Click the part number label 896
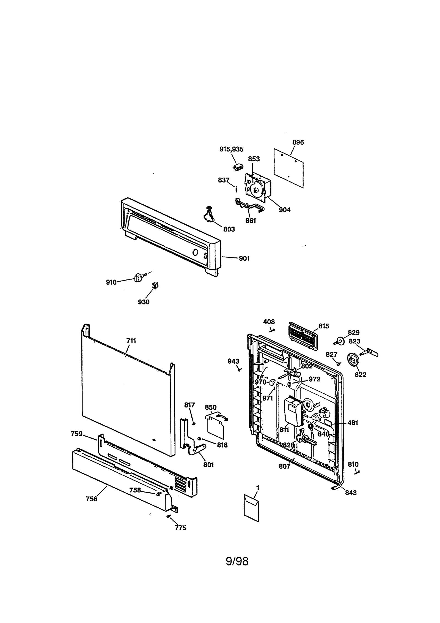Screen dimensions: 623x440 pyautogui.click(x=298, y=142)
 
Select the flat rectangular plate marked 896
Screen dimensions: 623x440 pyautogui.click(x=288, y=168)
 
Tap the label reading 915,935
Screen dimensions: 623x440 pyautogui.click(x=231, y=149)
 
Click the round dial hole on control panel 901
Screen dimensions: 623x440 pyautogui.click(x=195, y=252)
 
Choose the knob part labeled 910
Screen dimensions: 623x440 pyautogui.click(x=138, y=278)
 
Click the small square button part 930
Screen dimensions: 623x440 pyautogui.click(x=156, y=285)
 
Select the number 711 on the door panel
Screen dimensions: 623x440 pyautogui.click(x=131, y=341)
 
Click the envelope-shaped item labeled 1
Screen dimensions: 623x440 pyautogui.click(x=251, y=508)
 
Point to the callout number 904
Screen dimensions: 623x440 pyautogui.click(x=284, y=210)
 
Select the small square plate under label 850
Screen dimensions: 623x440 pyautogui.click(x=215, y=429)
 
